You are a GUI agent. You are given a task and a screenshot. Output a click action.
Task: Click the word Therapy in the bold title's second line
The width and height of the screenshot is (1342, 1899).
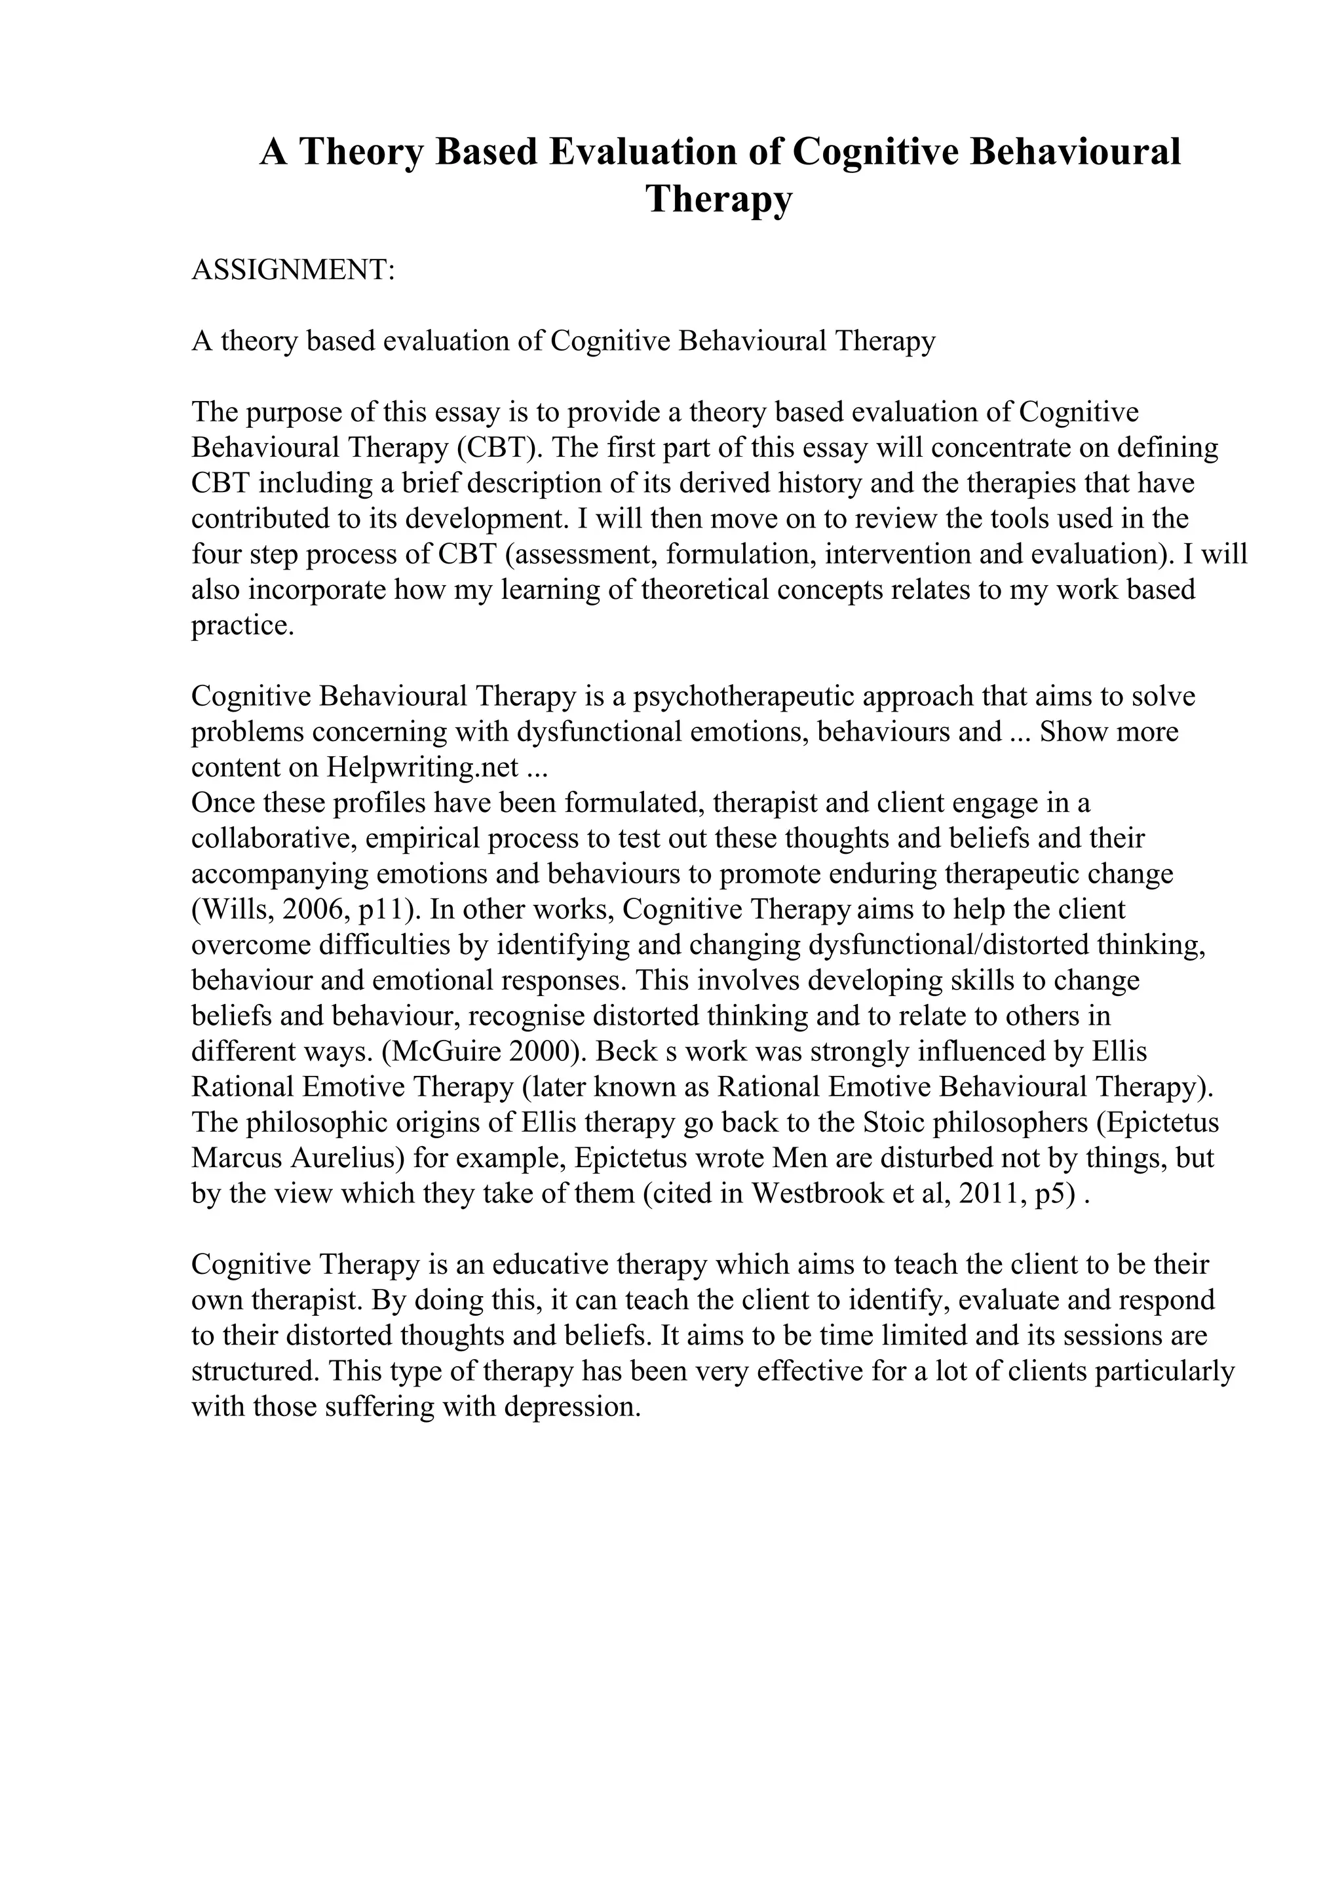point(719,199)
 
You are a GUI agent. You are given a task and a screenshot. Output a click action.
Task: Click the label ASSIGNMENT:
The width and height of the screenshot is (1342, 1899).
point(294,269)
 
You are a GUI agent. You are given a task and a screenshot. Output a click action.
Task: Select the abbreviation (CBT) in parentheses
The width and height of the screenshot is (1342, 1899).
point(497,448)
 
